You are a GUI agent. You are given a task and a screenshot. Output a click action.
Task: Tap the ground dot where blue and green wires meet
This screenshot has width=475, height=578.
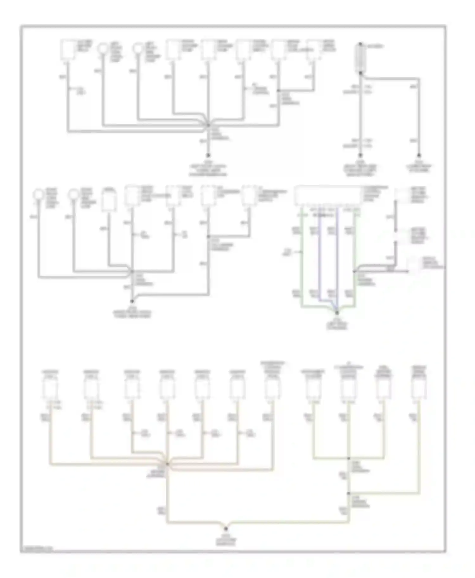tap(337, 313)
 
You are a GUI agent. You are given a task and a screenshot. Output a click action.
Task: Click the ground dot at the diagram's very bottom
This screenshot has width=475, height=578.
tap(226, 528)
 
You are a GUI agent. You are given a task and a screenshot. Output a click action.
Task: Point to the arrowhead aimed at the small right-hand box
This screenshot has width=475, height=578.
tap(407, 271)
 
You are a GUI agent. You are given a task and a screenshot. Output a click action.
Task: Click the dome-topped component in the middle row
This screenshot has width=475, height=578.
tap(109, 200)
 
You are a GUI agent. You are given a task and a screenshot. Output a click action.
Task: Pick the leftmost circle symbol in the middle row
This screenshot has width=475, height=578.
tap(39, 194)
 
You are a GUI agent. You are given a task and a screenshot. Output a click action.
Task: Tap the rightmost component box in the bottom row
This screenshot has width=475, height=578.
tap(419, 388)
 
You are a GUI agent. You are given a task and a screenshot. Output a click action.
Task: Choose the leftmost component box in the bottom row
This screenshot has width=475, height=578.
tap(50, 388)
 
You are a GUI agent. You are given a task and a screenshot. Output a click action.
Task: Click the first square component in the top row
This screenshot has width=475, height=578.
tap(68, 49)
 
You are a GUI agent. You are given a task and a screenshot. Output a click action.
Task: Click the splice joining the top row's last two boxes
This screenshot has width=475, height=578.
tap(278, 91)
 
